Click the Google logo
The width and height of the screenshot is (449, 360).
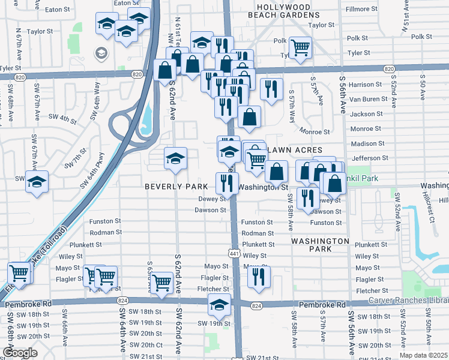point(19,353)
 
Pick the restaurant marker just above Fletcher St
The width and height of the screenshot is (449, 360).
point(259,277)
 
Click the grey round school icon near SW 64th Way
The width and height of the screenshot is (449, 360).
point(100,53)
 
